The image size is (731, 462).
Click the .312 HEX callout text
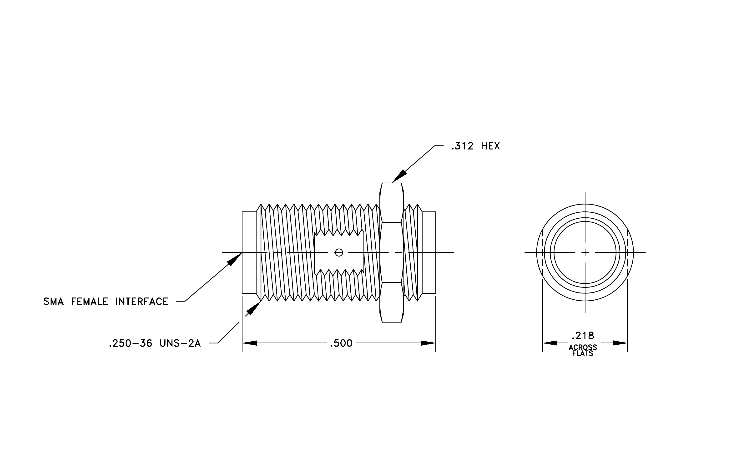click(475, 146)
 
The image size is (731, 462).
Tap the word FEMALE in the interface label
click(90, 302)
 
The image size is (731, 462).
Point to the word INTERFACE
click(142, 302)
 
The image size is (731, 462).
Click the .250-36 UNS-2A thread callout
click(155, 343)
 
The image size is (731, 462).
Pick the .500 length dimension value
click(341, 343)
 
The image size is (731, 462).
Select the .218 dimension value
click(583, 336)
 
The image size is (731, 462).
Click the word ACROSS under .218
click(583, 347)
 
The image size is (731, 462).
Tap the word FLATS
click(583, 354)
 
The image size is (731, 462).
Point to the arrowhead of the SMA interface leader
click(234, 259)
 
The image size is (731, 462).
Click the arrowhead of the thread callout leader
click(253, 308)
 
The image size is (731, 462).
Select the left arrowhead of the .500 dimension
click(250, 343)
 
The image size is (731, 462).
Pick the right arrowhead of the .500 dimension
click(428, 343)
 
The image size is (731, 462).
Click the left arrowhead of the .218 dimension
click(550, 343)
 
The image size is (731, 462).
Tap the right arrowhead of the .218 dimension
click(620, 343)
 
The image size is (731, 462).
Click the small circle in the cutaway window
click(339, 252)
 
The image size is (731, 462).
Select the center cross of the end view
click(585, 252)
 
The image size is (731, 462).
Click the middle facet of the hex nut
click(392, 252)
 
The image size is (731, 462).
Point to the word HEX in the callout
click(491, 146)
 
